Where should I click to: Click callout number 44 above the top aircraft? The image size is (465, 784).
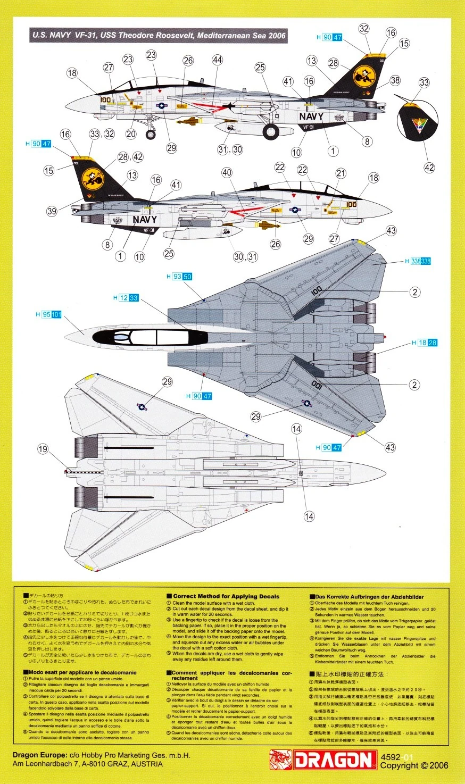tap(217, 60)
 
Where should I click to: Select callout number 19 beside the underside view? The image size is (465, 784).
tap(43, 449)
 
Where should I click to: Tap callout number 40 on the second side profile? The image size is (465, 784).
tap(227, 172)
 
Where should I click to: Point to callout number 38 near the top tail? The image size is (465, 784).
tap(395, 80)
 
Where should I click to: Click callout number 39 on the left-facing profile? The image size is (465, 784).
tap(51, 211)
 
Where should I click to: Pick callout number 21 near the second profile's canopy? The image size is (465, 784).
tap(341, 173)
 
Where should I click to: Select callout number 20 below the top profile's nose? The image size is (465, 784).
tap(131, 134)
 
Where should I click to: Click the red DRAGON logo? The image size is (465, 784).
tap(322, 760)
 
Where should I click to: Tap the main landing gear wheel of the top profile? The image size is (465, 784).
tap(271, 131)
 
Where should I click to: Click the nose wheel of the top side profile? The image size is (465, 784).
tap(151, 134)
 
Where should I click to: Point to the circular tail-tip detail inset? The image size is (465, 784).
tap(420, 122)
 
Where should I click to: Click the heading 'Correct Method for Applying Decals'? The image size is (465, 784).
tap(226, 596)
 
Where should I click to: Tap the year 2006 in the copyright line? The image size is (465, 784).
tap(438, 766)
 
